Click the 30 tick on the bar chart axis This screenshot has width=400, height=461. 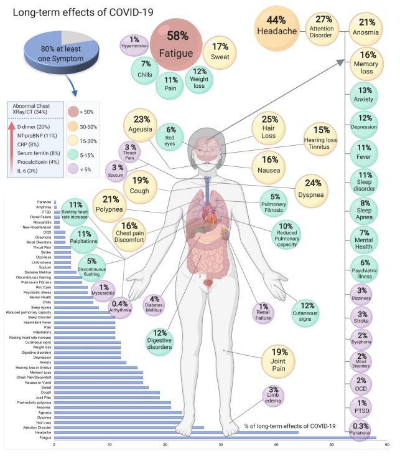pos(220,444)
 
